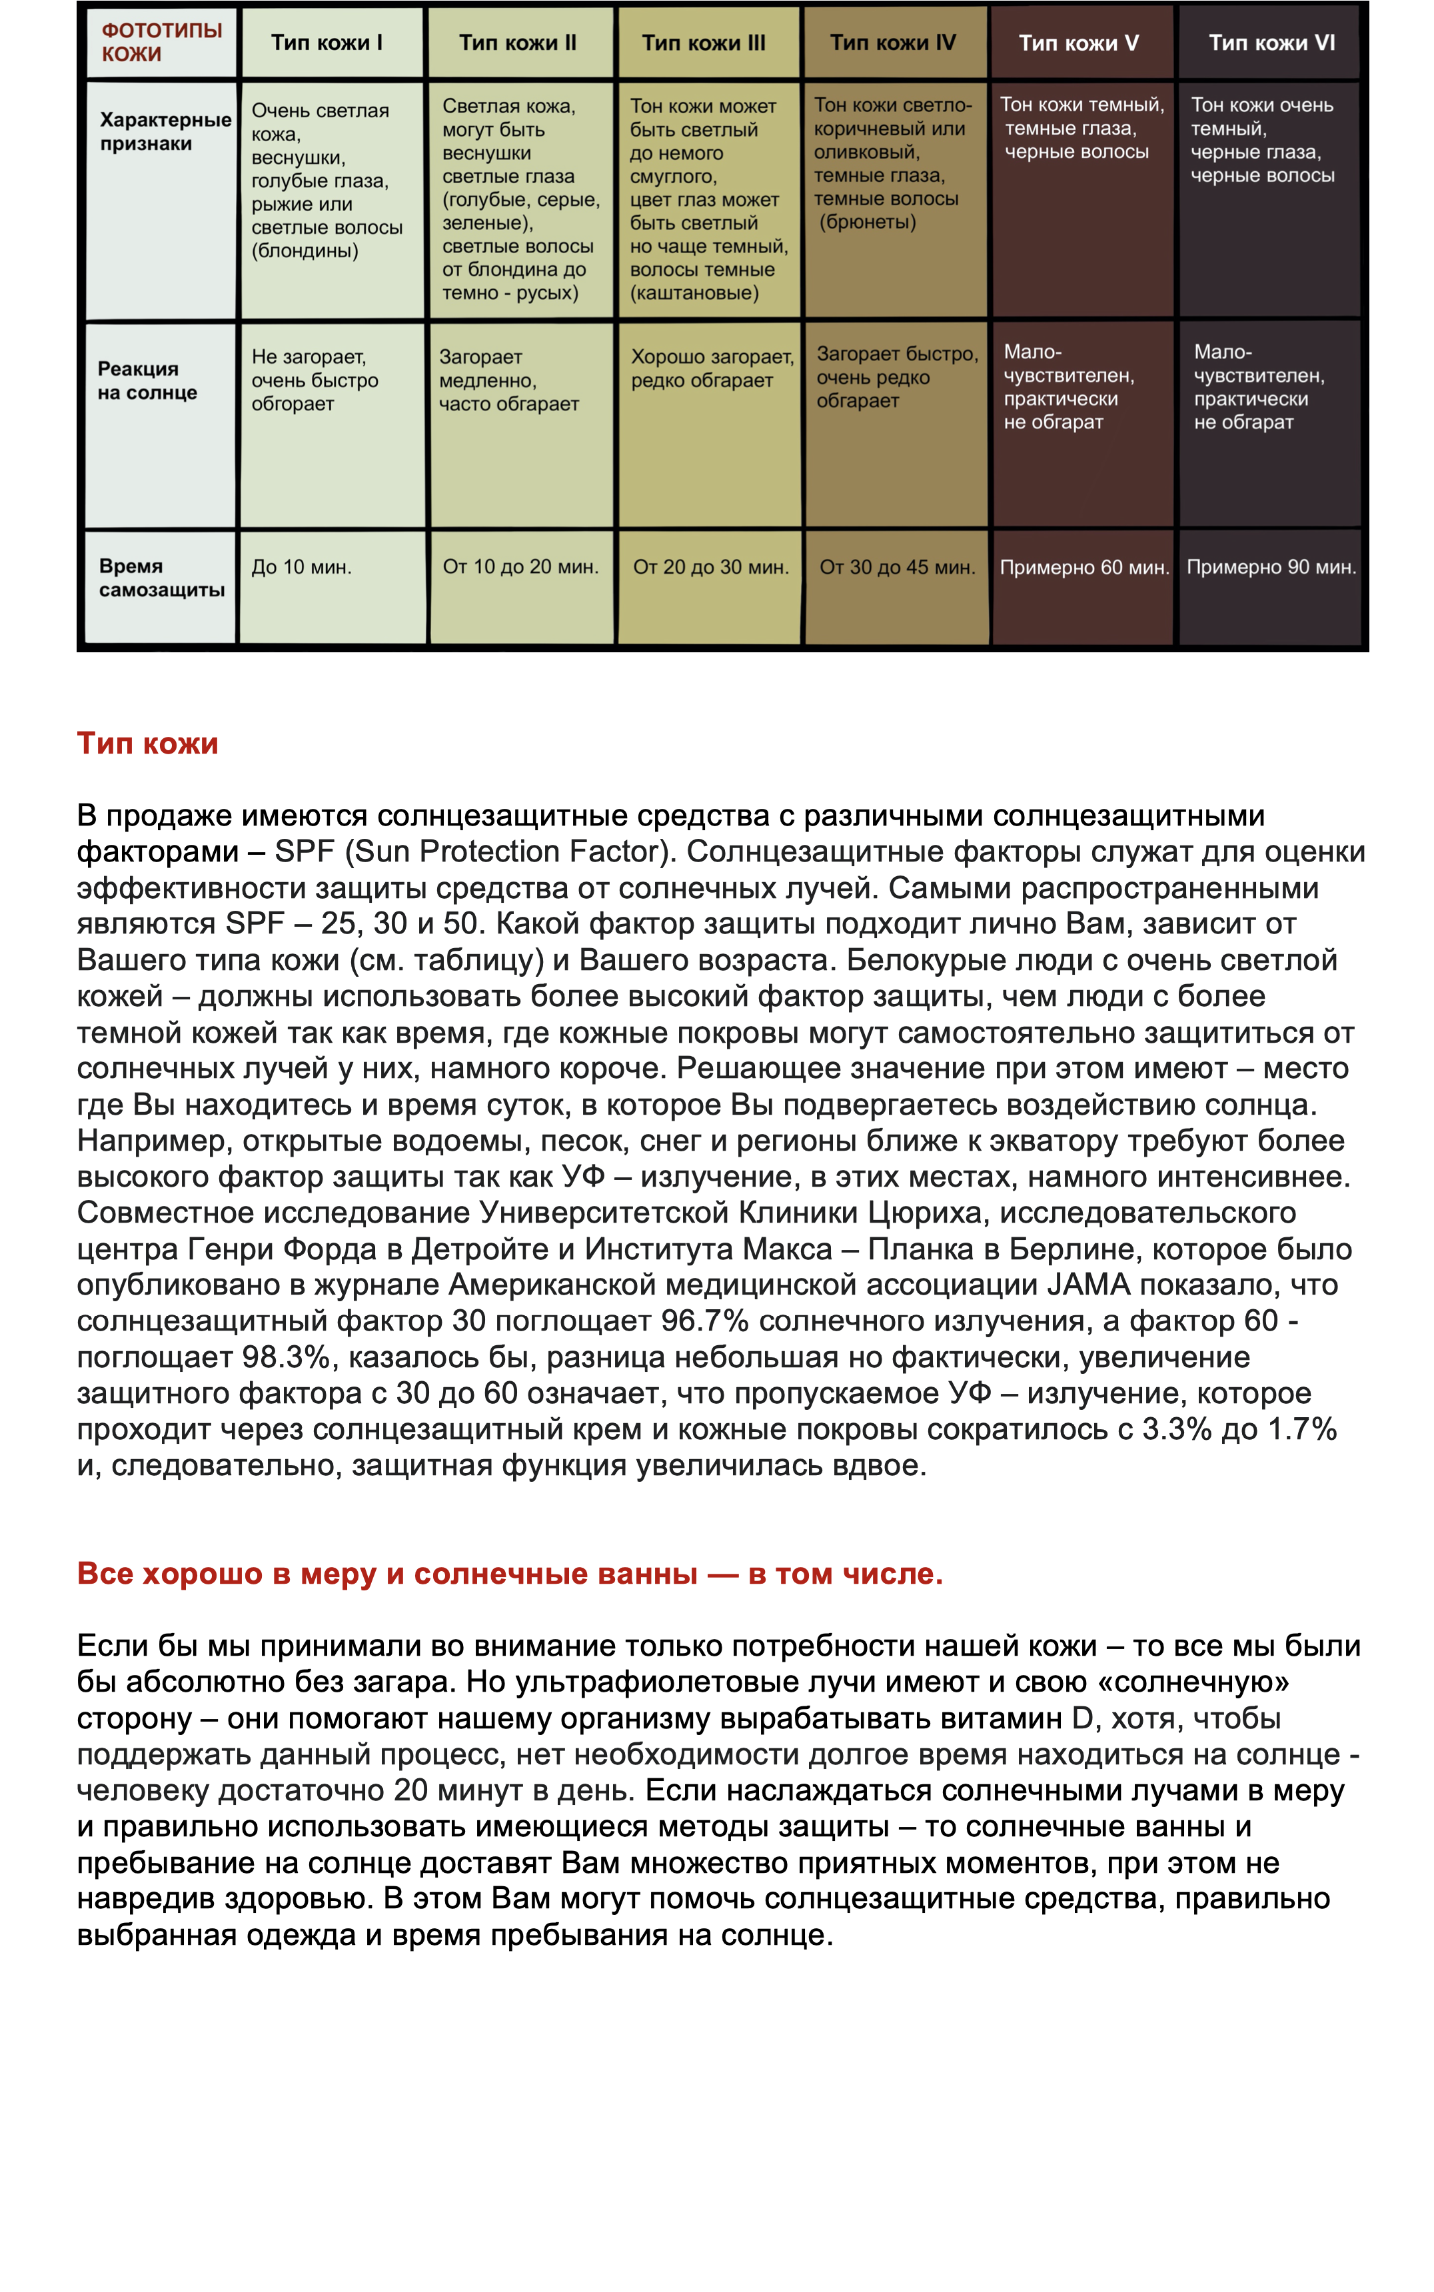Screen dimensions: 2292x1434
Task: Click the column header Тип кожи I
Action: tap(327, 43)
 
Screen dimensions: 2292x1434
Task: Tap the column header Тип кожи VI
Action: tap(1271, 43)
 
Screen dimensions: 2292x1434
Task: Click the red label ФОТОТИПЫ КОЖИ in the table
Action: tap(161, 42)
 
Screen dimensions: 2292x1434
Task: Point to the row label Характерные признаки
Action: tap(165, 132)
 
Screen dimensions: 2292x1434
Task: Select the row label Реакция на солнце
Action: tap(147, 380)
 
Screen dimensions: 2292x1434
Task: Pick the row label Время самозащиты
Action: tap(161, 578)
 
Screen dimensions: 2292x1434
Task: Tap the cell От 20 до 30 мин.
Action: tap(710, 567)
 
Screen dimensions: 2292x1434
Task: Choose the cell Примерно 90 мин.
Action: tap(1271, 567)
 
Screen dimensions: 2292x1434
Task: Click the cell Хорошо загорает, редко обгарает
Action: tap(711, 368)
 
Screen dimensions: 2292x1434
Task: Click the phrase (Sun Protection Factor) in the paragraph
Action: tap(508, 851)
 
